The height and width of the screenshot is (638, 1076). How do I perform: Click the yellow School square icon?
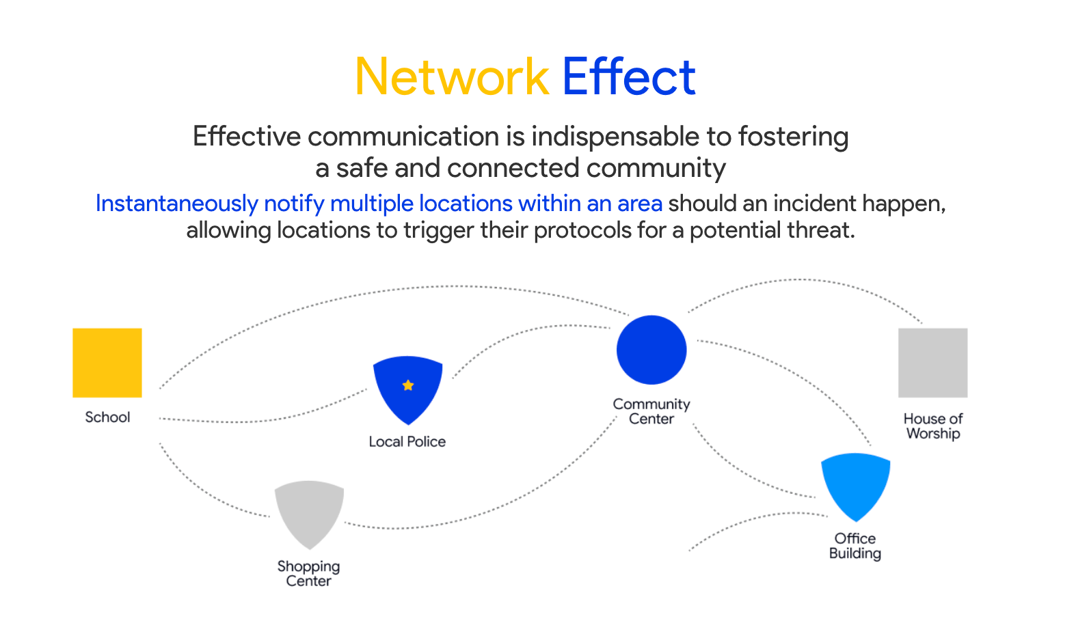tap(107, 363)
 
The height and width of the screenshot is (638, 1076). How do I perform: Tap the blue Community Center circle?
tap(651, 350)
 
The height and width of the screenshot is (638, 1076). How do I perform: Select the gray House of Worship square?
tap(932, 363)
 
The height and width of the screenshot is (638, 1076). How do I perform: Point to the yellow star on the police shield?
tap(408, 385)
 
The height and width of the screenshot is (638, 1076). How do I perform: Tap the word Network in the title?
tap(452, 77)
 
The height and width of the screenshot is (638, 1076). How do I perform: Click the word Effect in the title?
tap(628, 77)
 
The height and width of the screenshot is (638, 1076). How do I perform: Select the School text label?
tap(107, 417)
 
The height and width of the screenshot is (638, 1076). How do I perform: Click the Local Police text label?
tap(407, 442)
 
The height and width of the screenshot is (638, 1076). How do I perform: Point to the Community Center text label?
tap(651, 412)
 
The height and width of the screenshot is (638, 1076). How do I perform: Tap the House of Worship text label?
tap(933, 426)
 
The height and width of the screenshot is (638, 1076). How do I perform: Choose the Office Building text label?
tap(855, 546)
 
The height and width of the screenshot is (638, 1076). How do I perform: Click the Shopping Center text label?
tap(309, 574)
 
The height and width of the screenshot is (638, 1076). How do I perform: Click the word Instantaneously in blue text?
tap(176, 204)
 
